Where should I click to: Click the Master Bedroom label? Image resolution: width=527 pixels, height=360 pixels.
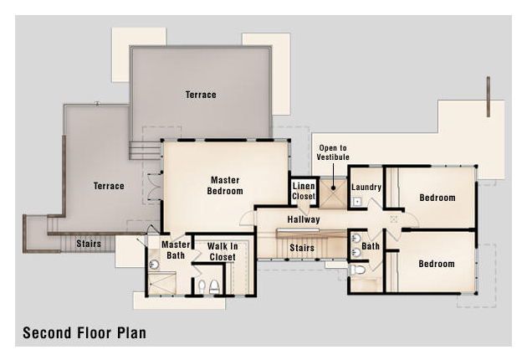[225, 186]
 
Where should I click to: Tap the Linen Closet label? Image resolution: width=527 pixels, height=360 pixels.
[304, 191]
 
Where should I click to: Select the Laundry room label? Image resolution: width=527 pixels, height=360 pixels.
[366, 188]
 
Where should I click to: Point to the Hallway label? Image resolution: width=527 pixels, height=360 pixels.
[304, 219]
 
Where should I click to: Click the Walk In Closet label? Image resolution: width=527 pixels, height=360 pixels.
[223, 252]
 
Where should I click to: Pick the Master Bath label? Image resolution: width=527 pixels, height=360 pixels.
[176, 250]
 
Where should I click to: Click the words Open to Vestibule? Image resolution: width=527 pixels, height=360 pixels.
[333, 152]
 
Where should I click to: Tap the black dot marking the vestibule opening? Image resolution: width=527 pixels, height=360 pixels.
[333, 188]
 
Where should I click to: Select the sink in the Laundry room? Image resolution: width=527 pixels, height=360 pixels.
[357, 202]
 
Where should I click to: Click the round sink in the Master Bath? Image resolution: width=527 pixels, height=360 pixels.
[154, 264]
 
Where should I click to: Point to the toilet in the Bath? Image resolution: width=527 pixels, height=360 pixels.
[357, 270]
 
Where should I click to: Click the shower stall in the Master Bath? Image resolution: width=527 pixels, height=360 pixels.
[162, 283]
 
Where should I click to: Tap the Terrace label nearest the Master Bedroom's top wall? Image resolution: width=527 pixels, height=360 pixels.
[201, 95]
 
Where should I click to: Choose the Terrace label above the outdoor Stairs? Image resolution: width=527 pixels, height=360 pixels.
[109, 186]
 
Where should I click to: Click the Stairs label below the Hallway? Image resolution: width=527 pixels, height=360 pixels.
[302, 248]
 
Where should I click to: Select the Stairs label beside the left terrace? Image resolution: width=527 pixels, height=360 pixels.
[89, 244]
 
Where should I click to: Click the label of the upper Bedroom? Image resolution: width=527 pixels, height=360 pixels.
[437, 198]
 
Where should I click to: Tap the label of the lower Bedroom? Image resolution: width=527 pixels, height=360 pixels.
[437, 264]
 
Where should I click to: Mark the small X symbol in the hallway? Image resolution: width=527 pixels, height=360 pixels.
[393, 219]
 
